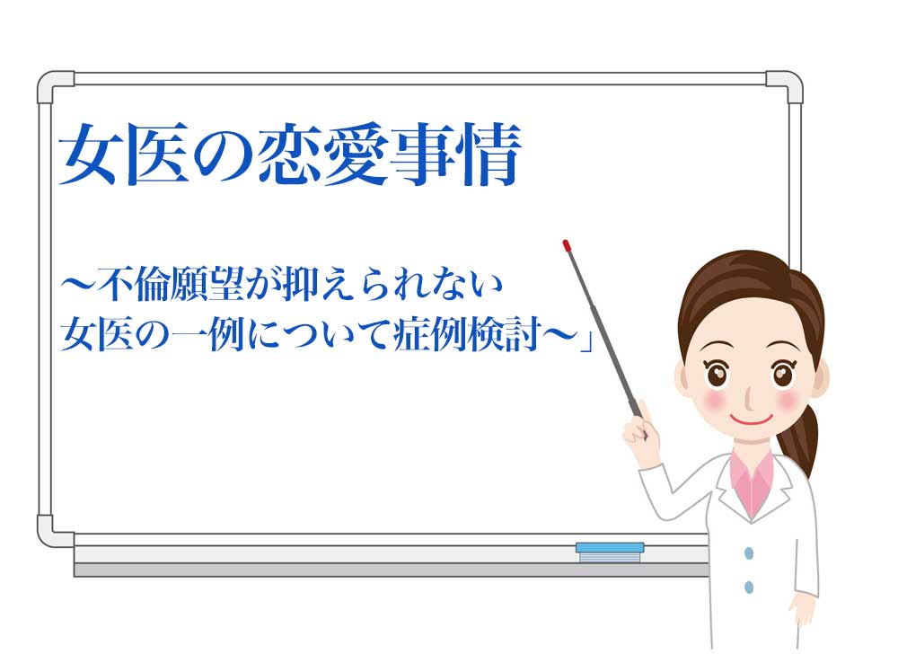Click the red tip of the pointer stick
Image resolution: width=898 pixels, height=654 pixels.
click(x=567, y=245)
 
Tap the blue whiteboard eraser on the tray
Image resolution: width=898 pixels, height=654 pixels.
click(x=610, y=552)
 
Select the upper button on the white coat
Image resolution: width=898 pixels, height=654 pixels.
click(x=749, y=553)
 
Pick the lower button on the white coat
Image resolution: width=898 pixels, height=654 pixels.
click(x=749, y=587)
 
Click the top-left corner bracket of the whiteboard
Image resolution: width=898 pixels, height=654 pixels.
click(x=56, y=87)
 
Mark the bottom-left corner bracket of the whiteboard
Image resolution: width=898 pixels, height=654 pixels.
click(x=56, y=531)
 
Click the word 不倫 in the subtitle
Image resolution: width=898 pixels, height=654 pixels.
click(x=134, y=285)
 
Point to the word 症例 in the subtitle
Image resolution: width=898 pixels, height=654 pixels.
click(x=430, y=334)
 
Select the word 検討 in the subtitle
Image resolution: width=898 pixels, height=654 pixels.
click(x=504, y=334)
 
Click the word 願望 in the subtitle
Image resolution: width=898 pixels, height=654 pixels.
click(x=207, y=285)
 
